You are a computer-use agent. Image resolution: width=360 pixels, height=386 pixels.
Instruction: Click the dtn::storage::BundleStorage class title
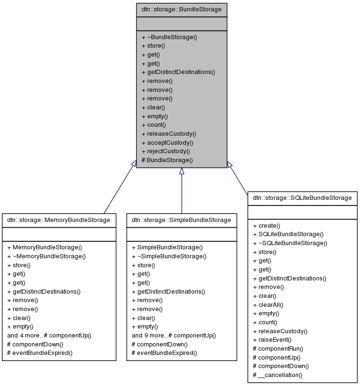pyautogui.click(x=182, y=9)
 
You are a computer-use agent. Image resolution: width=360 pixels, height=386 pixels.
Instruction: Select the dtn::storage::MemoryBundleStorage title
pyautogui.click(x=59, y=220)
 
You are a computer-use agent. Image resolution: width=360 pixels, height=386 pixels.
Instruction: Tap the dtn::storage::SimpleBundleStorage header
pyautogui.click(x=182, y=220)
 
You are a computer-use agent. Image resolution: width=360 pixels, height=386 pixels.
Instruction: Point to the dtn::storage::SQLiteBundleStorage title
pyautogui.click(x=302, y=198)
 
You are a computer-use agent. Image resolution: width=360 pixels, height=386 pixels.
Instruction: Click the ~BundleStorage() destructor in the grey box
pyautogui.click(x=169, y=37)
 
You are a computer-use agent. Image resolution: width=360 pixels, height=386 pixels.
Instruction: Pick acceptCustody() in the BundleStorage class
pyautogui.click(x=167, y=142)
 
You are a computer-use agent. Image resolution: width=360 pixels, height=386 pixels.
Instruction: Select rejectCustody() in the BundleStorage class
pyautogui.click(x=166, y=151)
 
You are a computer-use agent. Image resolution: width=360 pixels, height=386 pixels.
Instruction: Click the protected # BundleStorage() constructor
pyautogui.click(x=167, y=160)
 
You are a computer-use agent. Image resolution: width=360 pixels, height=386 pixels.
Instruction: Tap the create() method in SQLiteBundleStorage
pyautogui.click(x=267, y=225)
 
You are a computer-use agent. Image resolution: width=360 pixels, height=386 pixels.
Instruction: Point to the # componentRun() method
pyautogui.click(x=278, y=348)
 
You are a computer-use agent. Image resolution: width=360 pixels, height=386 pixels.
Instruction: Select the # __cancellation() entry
pyautogui.click(x=277, y=375)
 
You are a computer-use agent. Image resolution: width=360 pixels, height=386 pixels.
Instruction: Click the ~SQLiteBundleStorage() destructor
pyautogui.click(x=290, y=243)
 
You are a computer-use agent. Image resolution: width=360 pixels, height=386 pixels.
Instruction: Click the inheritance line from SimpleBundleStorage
pyautogui.click(x=182, y=193)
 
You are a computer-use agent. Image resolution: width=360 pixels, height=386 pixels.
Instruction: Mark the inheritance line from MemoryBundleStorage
pyautogui.click(x=120, y=189)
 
